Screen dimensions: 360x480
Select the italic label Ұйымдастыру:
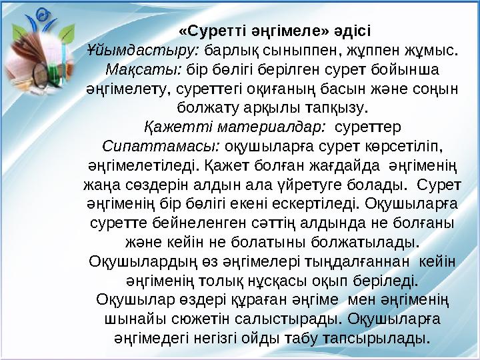coord(144,49)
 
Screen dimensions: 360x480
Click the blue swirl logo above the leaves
coord(42,17)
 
